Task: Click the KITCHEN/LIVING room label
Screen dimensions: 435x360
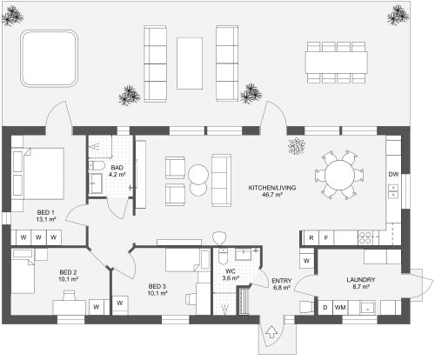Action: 272,188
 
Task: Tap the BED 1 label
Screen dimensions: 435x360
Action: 45,212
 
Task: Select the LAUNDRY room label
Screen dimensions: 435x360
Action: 361,280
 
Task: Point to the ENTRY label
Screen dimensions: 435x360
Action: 282,281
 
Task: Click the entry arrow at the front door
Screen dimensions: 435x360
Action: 271,332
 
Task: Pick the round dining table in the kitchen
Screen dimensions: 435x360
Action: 339,175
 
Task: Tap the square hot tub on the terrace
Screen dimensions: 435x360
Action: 49,58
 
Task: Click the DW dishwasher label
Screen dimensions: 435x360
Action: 393,174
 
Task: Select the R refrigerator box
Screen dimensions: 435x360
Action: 311,238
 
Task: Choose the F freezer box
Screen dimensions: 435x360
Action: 326,238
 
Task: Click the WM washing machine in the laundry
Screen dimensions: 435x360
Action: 340,307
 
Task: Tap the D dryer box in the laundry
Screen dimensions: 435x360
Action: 325,307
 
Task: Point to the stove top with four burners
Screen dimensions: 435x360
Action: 365,238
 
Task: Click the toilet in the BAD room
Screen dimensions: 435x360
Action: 97,166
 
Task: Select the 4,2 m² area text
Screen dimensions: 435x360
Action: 117,175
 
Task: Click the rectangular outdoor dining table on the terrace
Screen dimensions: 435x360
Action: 337,63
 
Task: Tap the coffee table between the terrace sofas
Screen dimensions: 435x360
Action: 190,63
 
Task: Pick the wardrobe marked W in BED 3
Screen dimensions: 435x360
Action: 120,303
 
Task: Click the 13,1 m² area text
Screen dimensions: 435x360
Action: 46,219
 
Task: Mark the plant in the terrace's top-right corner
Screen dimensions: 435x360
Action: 398,15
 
